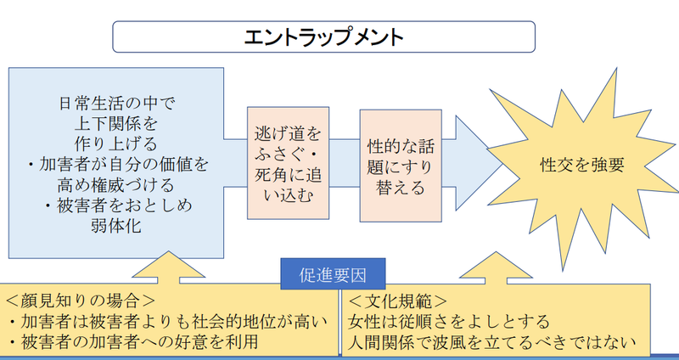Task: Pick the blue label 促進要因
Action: (334, 276)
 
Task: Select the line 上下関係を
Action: (117, 124)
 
